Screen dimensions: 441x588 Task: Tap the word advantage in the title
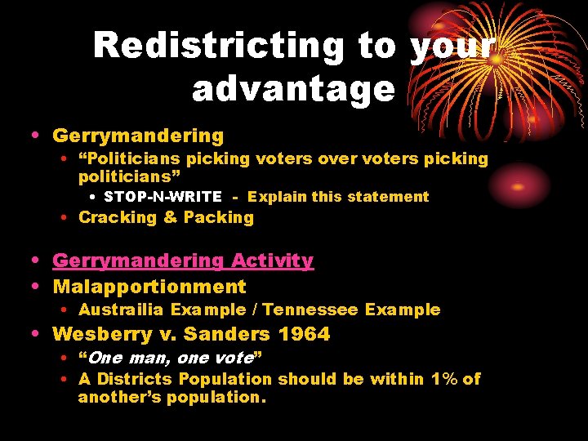tap(293, 88)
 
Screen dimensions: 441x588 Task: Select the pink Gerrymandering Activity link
tap(183, 261)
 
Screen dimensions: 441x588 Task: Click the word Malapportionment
tap(149, 287)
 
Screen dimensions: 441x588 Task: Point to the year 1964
tap(304, 334)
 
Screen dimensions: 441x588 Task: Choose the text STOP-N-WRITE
tap(163, 197)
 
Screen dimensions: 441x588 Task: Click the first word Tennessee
tap(310, 310)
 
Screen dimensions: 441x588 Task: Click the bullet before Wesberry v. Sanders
tap(39, 334)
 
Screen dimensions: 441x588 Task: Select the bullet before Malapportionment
tap(39, 287)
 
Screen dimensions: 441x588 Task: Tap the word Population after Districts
tap(225, 379)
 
